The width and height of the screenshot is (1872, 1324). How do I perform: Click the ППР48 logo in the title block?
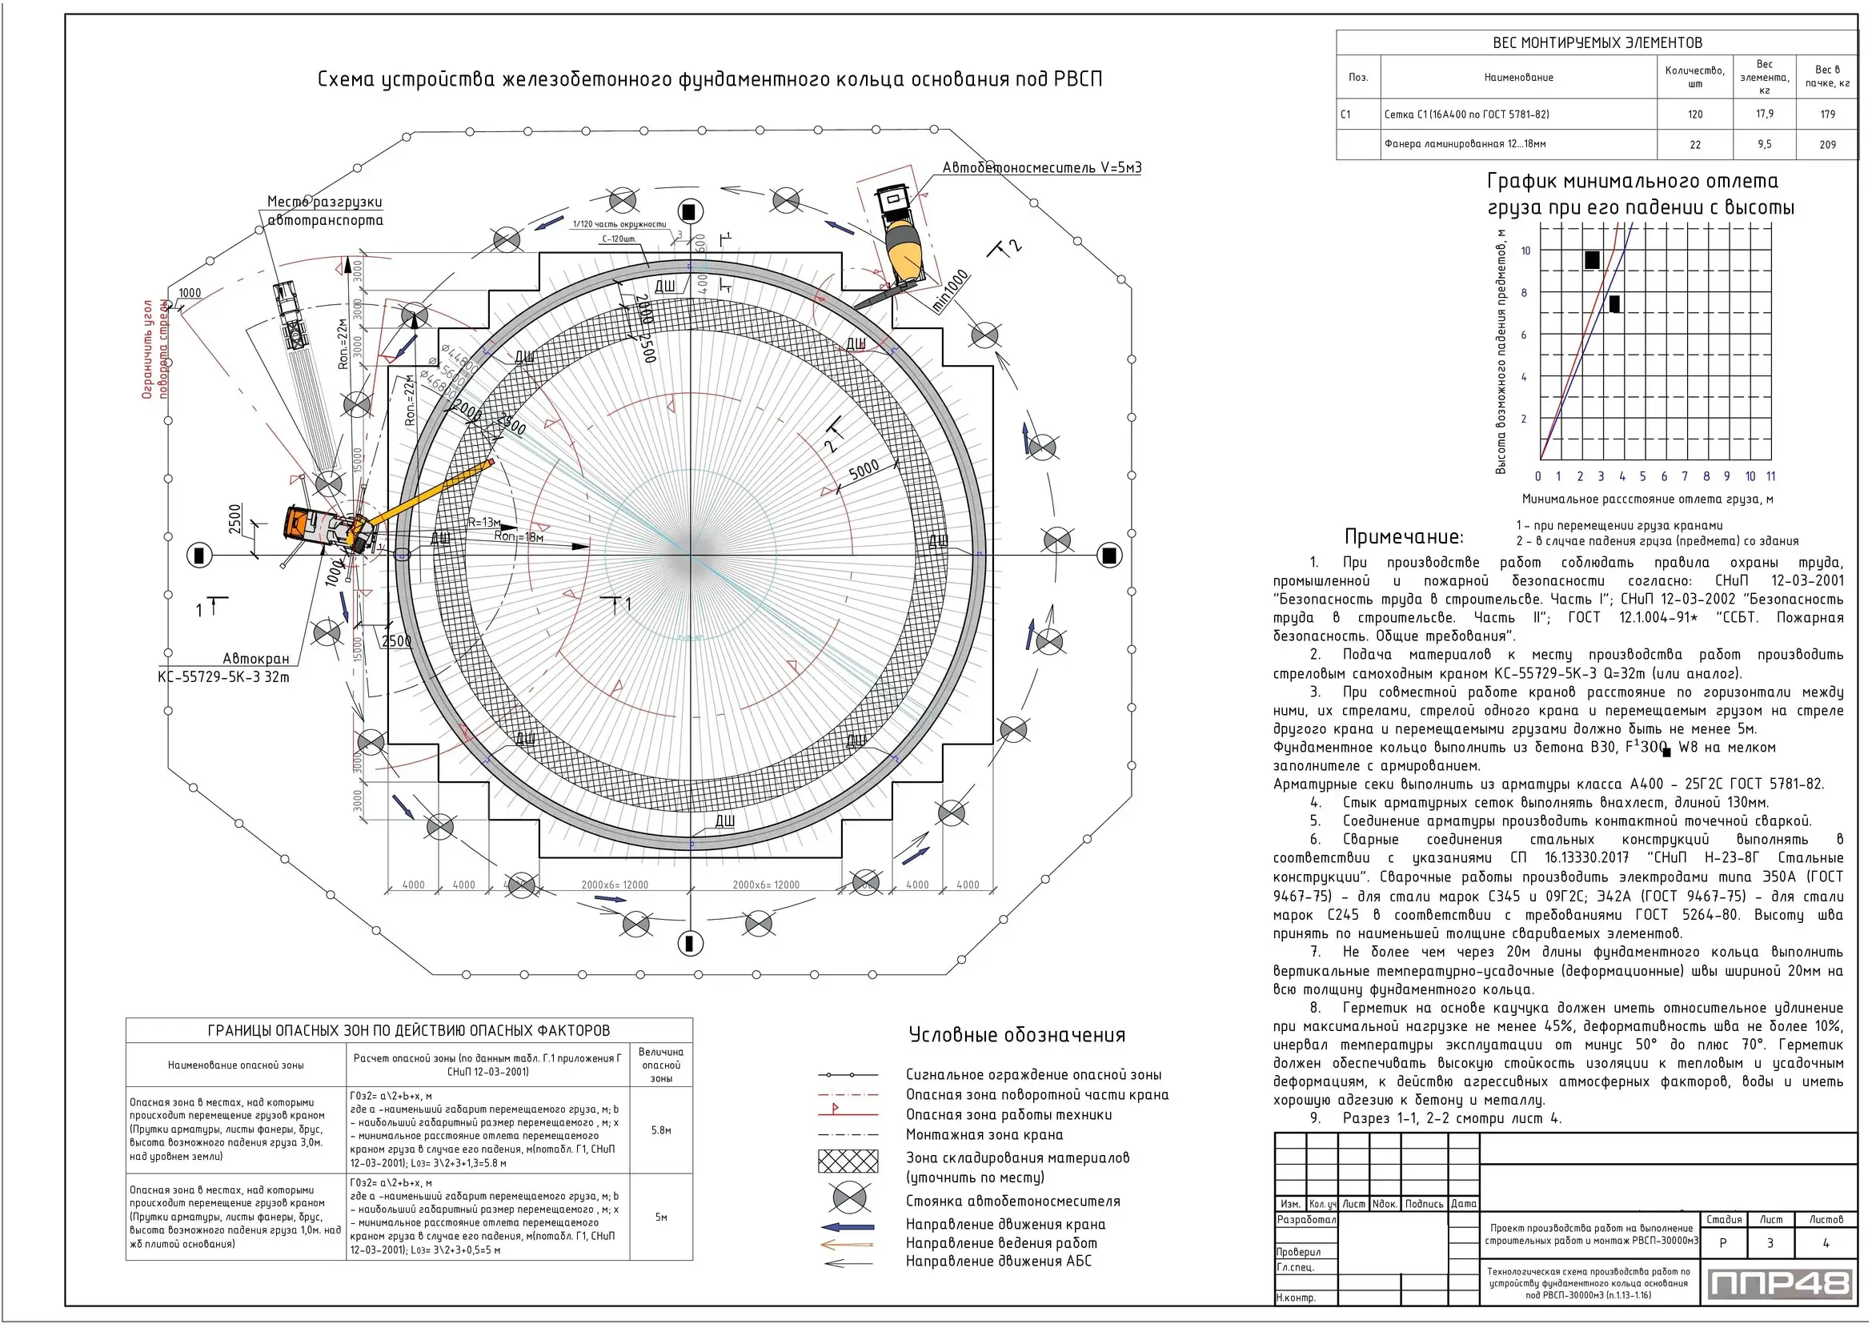click(1778, 1284)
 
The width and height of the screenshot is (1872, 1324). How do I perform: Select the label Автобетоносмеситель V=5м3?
click(1041, 168)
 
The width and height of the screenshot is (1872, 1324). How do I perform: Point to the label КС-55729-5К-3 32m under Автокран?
click(223, 676)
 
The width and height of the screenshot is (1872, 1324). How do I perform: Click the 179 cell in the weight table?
click(1827, 114)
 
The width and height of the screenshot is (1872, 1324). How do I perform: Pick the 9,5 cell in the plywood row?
click(1764, 144)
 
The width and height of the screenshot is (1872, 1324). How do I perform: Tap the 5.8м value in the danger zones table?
click(660, 1130)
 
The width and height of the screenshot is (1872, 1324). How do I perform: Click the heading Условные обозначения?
click(1016, 1035)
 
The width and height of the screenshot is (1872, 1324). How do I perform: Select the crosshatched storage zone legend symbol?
click(848, 1161)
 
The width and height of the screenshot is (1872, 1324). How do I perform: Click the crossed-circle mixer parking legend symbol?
click(848, 1198)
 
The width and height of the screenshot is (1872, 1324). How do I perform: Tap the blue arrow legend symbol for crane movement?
click(848, 1226)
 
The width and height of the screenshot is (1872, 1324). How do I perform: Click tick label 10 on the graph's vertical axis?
click(1525, 251)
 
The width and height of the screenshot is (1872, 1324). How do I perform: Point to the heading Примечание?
click(1403, 537)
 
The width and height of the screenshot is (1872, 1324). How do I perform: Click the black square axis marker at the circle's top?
click(690, 212)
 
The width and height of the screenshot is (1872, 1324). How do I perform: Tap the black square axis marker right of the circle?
click(1108, 556)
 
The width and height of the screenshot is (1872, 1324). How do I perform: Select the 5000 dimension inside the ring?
click(864, 470)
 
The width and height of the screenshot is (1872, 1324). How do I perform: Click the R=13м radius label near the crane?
click(484, 523)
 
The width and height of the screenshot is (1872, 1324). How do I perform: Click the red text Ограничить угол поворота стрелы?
click(155, 349)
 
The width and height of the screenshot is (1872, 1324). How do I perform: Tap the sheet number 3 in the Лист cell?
click(1770, 1243)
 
